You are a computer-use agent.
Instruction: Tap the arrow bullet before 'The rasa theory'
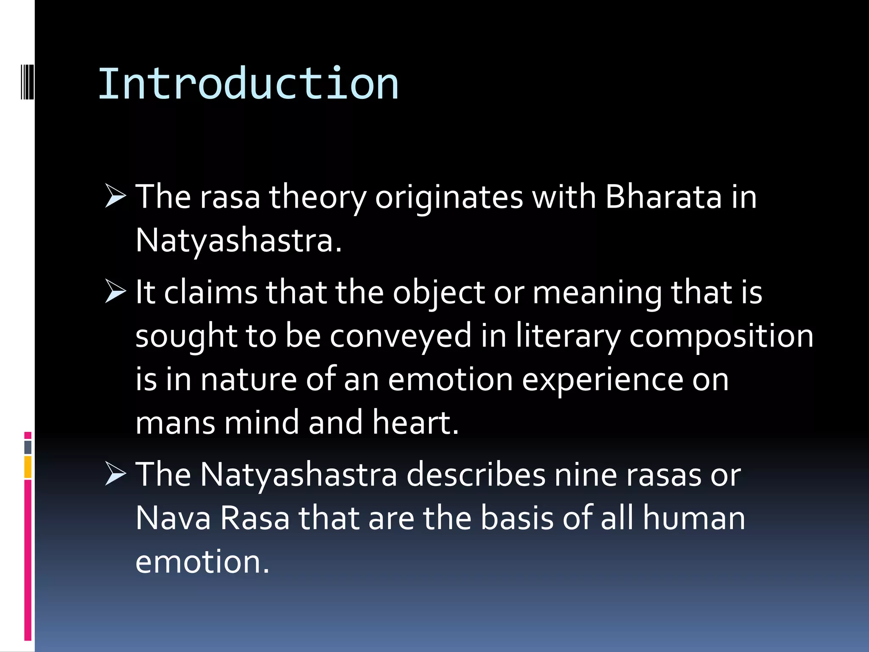coord(115,196)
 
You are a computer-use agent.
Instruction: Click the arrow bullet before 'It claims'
coord(115,292)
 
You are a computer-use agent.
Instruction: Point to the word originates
coord(449,198)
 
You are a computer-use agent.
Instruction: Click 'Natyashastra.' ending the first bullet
coord(238,241)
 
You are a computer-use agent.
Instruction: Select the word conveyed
coord(401,336)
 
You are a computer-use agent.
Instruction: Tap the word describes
coord(476,475)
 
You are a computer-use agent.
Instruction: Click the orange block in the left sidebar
coord(28,467)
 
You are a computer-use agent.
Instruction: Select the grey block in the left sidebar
coord(28,447)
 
